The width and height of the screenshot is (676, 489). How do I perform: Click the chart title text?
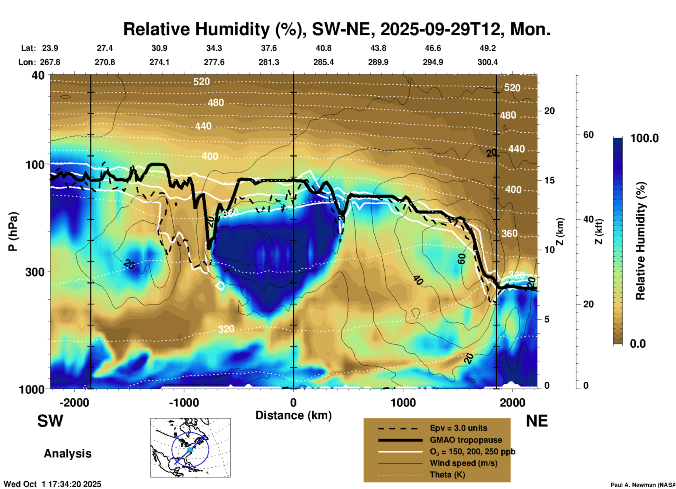pyautogui.click(x=337, y=29)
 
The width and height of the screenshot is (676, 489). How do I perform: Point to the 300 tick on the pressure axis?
pyautogui.click(x=35, y=272)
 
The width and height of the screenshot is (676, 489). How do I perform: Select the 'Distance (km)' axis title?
pyautogui.click(x=293, y=415)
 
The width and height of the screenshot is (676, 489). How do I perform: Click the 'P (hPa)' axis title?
pyautogui.click(x=13, y=232)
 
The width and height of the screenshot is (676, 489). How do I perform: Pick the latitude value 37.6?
pyautogui.click(x=269, y=48)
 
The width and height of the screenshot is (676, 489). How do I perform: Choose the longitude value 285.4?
pyautogui.click(x=323, y=62)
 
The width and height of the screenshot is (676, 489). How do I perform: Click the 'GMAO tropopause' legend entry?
pyautogui.click(x=466, y=440)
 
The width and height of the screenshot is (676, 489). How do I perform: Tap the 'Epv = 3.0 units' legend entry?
pyautogui.click(x=458, y=428)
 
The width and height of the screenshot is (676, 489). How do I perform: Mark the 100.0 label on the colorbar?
pyautogui.click(x=644, y=138)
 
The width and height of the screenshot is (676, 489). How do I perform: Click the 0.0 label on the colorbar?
pyautogui.click(x=638, y=343)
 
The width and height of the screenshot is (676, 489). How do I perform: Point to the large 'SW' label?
pyautogui.click(x=50, y=421)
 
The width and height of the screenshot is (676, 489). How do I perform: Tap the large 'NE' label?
pyautogui.click(x=537, y=421)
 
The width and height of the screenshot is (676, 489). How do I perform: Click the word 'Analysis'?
pyautogui.click(x=67, y=454)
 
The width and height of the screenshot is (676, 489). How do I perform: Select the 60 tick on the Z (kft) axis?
pyautogui.click(x=588, y=135)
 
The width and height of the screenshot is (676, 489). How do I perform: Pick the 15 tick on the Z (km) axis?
pyautogui.click(x=549, y=180)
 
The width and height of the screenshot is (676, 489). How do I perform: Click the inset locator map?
pyautogui.click(x=190, y=447)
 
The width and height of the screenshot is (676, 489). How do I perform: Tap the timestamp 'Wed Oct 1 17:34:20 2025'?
pyautogui.click(x=53, y=484)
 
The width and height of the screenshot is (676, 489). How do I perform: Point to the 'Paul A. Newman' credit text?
pyautogui.click(x=642, y=485)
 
